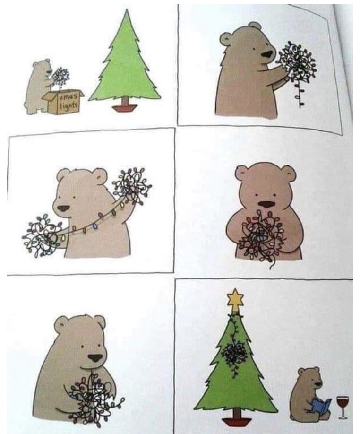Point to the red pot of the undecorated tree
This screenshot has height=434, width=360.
[x=125, y=107]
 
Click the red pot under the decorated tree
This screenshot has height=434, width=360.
[x=237, y=422]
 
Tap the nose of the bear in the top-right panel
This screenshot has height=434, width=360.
[x=268, y=55]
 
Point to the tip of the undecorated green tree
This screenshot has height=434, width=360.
[x=127, y=9]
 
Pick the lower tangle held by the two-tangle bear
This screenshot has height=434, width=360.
[x=42, y=234]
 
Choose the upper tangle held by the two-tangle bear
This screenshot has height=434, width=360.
[x=132, y=184]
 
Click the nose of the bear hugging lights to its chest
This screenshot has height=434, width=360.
[x=266, y=205]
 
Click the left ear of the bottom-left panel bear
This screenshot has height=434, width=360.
[x=61, y=324]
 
